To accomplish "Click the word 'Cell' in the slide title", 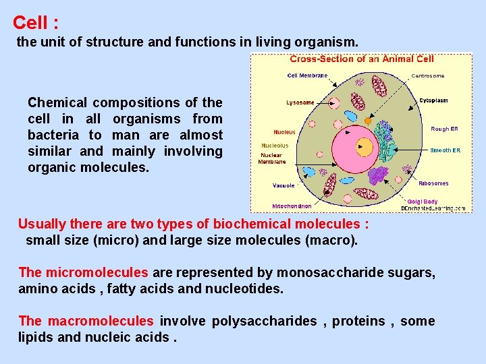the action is click(30, 23).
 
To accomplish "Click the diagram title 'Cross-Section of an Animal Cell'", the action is click(362, 59).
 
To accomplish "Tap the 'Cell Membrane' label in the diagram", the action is click(307, 75).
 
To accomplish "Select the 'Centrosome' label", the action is click(428, 76).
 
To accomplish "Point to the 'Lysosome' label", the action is click(300, 102).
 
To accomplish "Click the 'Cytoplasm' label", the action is click(433, 100).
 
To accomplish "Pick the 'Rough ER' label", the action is click(445, 128).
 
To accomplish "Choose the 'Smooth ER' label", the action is click(446, 150).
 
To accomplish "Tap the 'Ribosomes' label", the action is click(433, 183).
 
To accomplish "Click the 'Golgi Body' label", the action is click(422, 201).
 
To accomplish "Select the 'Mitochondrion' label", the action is click(292, 206).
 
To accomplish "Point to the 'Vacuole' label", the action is click(283, 185).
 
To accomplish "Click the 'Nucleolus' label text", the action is click(275, 146).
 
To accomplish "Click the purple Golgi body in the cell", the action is click(379, 175).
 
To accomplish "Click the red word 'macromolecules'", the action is click(101, 321).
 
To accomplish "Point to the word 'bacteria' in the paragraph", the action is click(53, 135).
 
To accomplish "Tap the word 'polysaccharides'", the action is click(264, 321).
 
